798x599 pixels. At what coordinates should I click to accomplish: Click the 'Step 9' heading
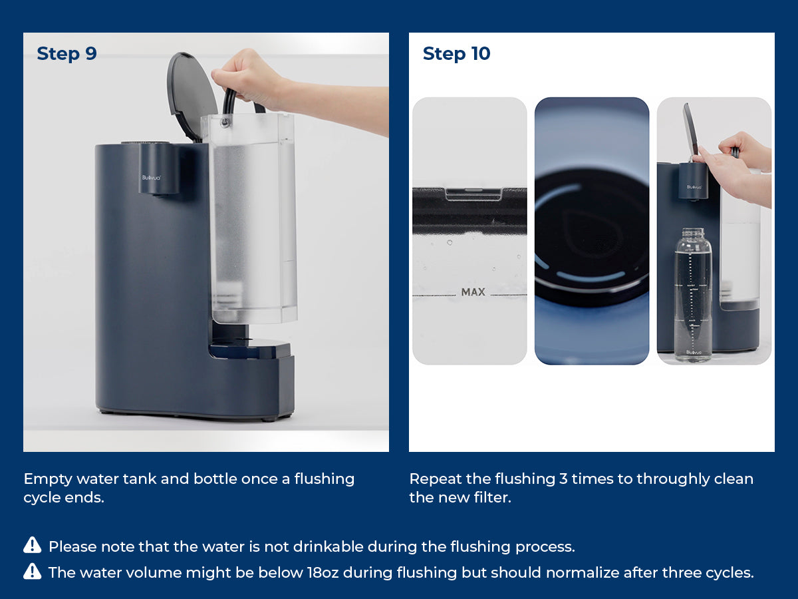pyautogui.click(x=67, y=54)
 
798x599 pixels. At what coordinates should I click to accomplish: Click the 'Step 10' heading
pyautogui.click(x=457, y=54)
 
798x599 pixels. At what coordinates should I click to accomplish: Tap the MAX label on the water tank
pyautogui.click(x=473, y=292)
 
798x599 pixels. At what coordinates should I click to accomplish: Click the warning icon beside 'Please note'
pyautogui.click(x=33, y=545)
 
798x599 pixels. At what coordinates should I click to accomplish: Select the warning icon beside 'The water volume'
pyautogui.click(x=33, y=571)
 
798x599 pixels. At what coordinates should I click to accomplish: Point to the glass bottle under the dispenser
pyautogui.click(x=693, y=295)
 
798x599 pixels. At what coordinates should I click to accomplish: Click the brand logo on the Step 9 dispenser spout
pyautogui.click(x=151, y=178)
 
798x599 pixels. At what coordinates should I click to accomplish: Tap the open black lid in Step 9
pyautogui.click(x=192, y=95)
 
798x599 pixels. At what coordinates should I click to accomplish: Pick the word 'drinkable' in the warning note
pyautogui.click(x=329, y=546)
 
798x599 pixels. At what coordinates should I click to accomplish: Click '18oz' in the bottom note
pyautogui.click(x=323, y=573)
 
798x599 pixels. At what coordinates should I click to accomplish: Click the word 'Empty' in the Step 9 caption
pyautogui.click(x=48, y=480)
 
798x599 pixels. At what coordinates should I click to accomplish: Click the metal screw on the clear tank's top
pyautogui.click(x=225, y=122)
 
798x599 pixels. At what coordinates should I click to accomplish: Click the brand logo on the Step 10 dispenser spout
pyautogui.click(x=694, y=187)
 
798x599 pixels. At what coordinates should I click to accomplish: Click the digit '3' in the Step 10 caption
pyautogui.click(x=563, y=479)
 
